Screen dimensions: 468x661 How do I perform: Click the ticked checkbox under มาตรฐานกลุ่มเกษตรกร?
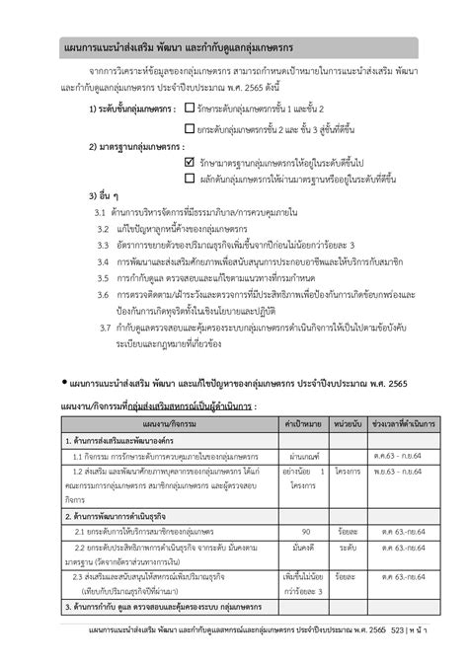click(190, 160)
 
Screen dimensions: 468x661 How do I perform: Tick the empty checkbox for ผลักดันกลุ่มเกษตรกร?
click(190, 178)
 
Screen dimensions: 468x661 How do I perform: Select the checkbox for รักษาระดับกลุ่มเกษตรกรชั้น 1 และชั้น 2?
click(189, 107)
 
